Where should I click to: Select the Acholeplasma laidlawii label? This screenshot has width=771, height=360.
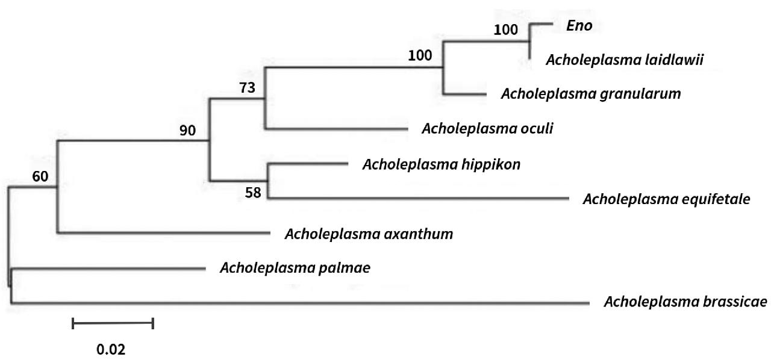point(625,60)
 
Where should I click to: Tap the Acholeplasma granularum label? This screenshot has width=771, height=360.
point(591,94)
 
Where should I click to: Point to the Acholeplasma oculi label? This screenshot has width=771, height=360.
point(487,129)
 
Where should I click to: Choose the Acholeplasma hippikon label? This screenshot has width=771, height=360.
point(442,164)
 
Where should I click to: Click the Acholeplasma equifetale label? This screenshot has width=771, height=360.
point(666,199)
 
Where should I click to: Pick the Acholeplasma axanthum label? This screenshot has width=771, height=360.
point(369,234)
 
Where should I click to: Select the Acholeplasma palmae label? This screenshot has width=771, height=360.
point(295,268)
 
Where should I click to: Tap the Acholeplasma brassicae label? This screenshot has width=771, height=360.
point(685,302)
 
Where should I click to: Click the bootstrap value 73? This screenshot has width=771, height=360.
point(247,88)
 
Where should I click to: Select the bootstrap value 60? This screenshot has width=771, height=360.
point(40,176)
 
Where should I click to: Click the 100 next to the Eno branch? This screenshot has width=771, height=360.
point(505,29)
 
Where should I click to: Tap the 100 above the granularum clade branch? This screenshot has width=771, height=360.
point(420,56)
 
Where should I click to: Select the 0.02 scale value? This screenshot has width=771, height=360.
point(111,349)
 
